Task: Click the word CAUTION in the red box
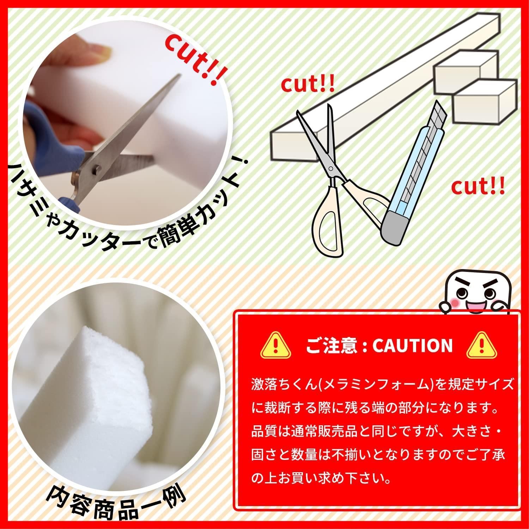click(412, 345)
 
